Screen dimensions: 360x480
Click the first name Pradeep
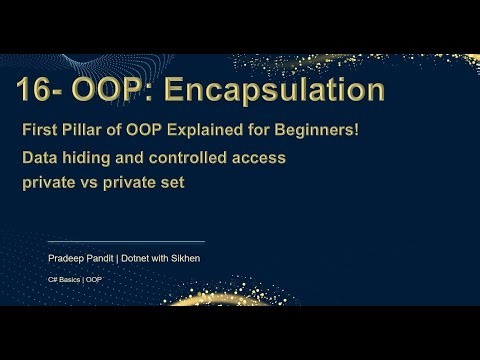pyautogui.click(x=67, y=258)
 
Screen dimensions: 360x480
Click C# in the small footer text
pyautogui.click(x=54, y=279)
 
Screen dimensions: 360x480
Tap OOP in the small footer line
pyautogui.click(x=93, y=279)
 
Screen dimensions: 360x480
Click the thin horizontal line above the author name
pyautogui.click(x=126, y=241)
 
